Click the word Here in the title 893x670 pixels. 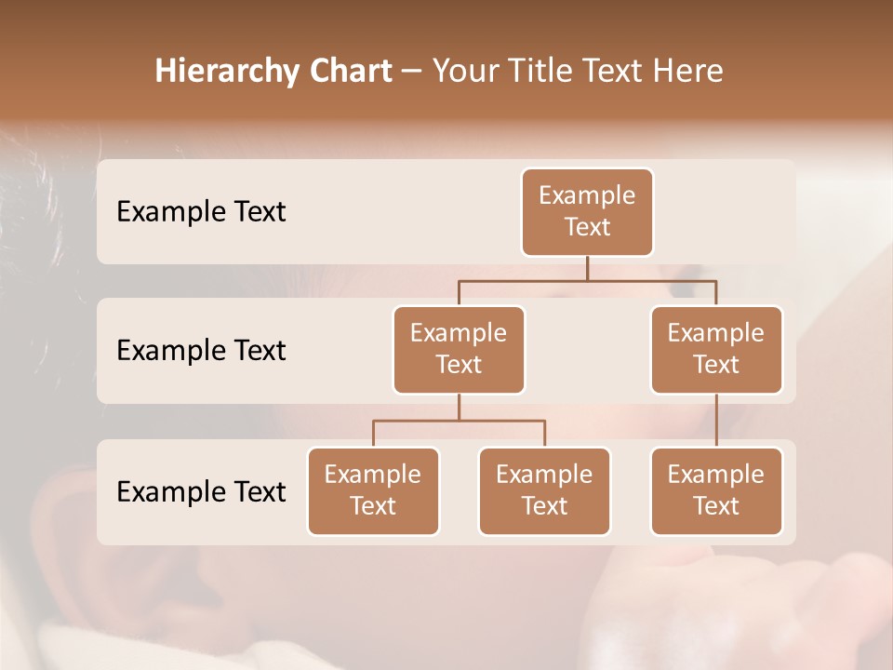coord(690,72)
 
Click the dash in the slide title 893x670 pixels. coord(412,73)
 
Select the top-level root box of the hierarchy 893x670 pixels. coord(587,212)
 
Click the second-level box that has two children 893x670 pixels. coord(459,350)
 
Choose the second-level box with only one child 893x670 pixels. coord(716,350)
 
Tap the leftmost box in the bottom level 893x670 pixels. coord(373,491)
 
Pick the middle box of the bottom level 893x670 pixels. coord(544,491)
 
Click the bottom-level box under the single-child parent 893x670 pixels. coord(716,491)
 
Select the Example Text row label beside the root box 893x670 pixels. coord(201,212)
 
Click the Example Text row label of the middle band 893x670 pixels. coord(201,351)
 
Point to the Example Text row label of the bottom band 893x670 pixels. coord(201,492)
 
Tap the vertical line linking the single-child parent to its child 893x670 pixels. coord(716,421)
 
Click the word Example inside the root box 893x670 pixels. coord(587,195)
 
